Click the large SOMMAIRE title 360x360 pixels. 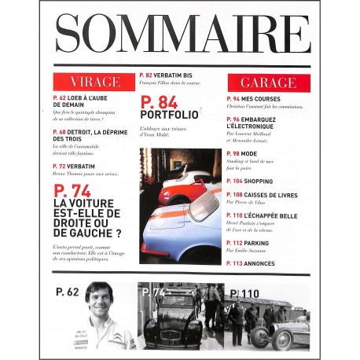180,35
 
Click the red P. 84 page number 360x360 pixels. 158,102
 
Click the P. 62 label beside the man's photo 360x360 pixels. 68,292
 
